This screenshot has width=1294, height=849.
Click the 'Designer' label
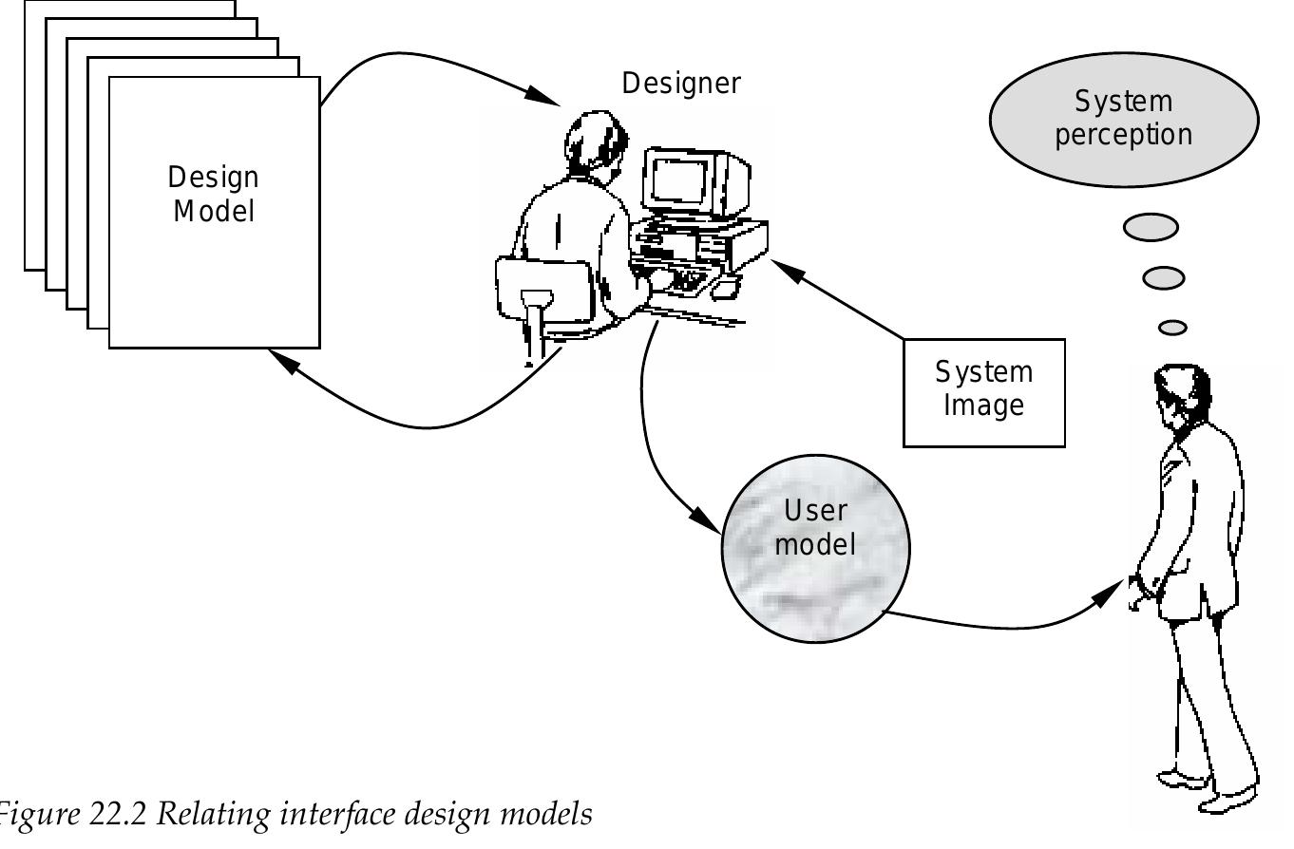point(680,84)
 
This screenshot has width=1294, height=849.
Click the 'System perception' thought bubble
point(1123,118)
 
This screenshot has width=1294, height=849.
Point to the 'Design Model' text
point(214,194)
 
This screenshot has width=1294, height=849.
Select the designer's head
point(596,143)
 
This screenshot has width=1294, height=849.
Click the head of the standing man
point(1182,394)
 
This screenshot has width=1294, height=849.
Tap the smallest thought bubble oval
point(1173,327)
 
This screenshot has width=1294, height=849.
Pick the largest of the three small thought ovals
point(1151,228)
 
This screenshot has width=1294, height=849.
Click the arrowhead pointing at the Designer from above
point(542,96)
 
